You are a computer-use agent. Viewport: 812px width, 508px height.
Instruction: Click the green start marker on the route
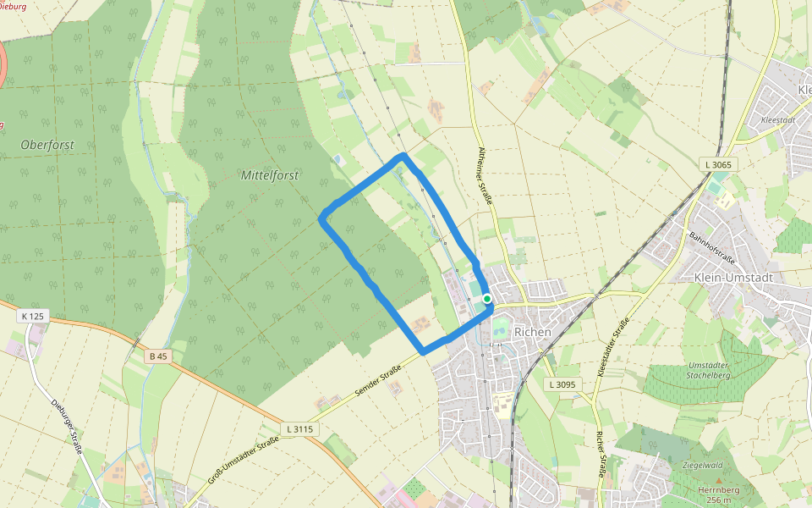(x=487, y=299)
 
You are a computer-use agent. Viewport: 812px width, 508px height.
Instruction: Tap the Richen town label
(x=532, y=332)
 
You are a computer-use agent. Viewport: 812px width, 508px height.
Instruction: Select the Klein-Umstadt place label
(x=732, y=277)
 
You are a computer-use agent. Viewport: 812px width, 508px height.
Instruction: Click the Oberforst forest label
(x=47, y=145)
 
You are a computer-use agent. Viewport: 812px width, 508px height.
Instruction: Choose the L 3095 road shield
(x=561, y=384)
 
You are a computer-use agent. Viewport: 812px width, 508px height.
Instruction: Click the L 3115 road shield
(x=299, y=429)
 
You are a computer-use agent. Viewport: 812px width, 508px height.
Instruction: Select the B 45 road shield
(x=158, y=356)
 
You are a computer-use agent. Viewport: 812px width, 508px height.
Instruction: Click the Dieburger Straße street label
(x=65, y=427)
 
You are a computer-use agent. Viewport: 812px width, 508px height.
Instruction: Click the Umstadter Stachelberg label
(x=709, y=370)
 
